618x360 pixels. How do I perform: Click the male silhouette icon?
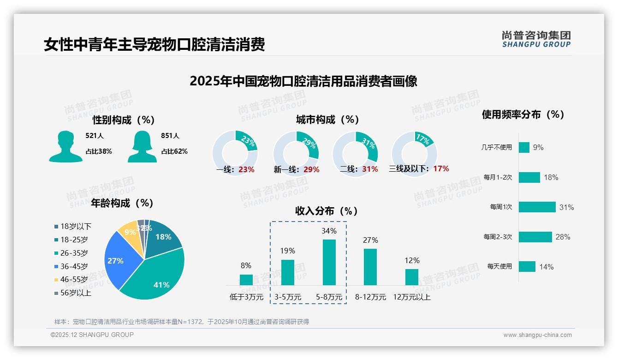click(65, 146)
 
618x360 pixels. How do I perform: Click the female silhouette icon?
click(142, 146)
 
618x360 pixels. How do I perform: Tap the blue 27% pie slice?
click(119, 258)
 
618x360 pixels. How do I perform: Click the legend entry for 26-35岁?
click(74, 253)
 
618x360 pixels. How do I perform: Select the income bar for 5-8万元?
click(329, 262)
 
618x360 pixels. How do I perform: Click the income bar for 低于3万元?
click(246, 280)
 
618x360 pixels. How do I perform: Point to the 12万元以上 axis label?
click(411, 297)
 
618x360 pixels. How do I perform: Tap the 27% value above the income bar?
click(370, 240)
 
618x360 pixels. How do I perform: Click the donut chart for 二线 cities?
click(355, 153)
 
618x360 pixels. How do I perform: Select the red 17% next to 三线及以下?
click(441, 168)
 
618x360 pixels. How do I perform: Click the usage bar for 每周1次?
click(537, 207)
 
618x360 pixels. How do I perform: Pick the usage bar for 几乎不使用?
click(524, 147)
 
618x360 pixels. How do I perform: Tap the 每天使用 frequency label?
click(499, 266)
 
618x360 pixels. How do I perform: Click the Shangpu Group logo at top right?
click(536, 39)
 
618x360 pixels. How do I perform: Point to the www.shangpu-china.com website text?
click(537, 335)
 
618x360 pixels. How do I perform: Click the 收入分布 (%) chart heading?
click(327, 211)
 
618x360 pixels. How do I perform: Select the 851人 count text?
click(170, 136)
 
